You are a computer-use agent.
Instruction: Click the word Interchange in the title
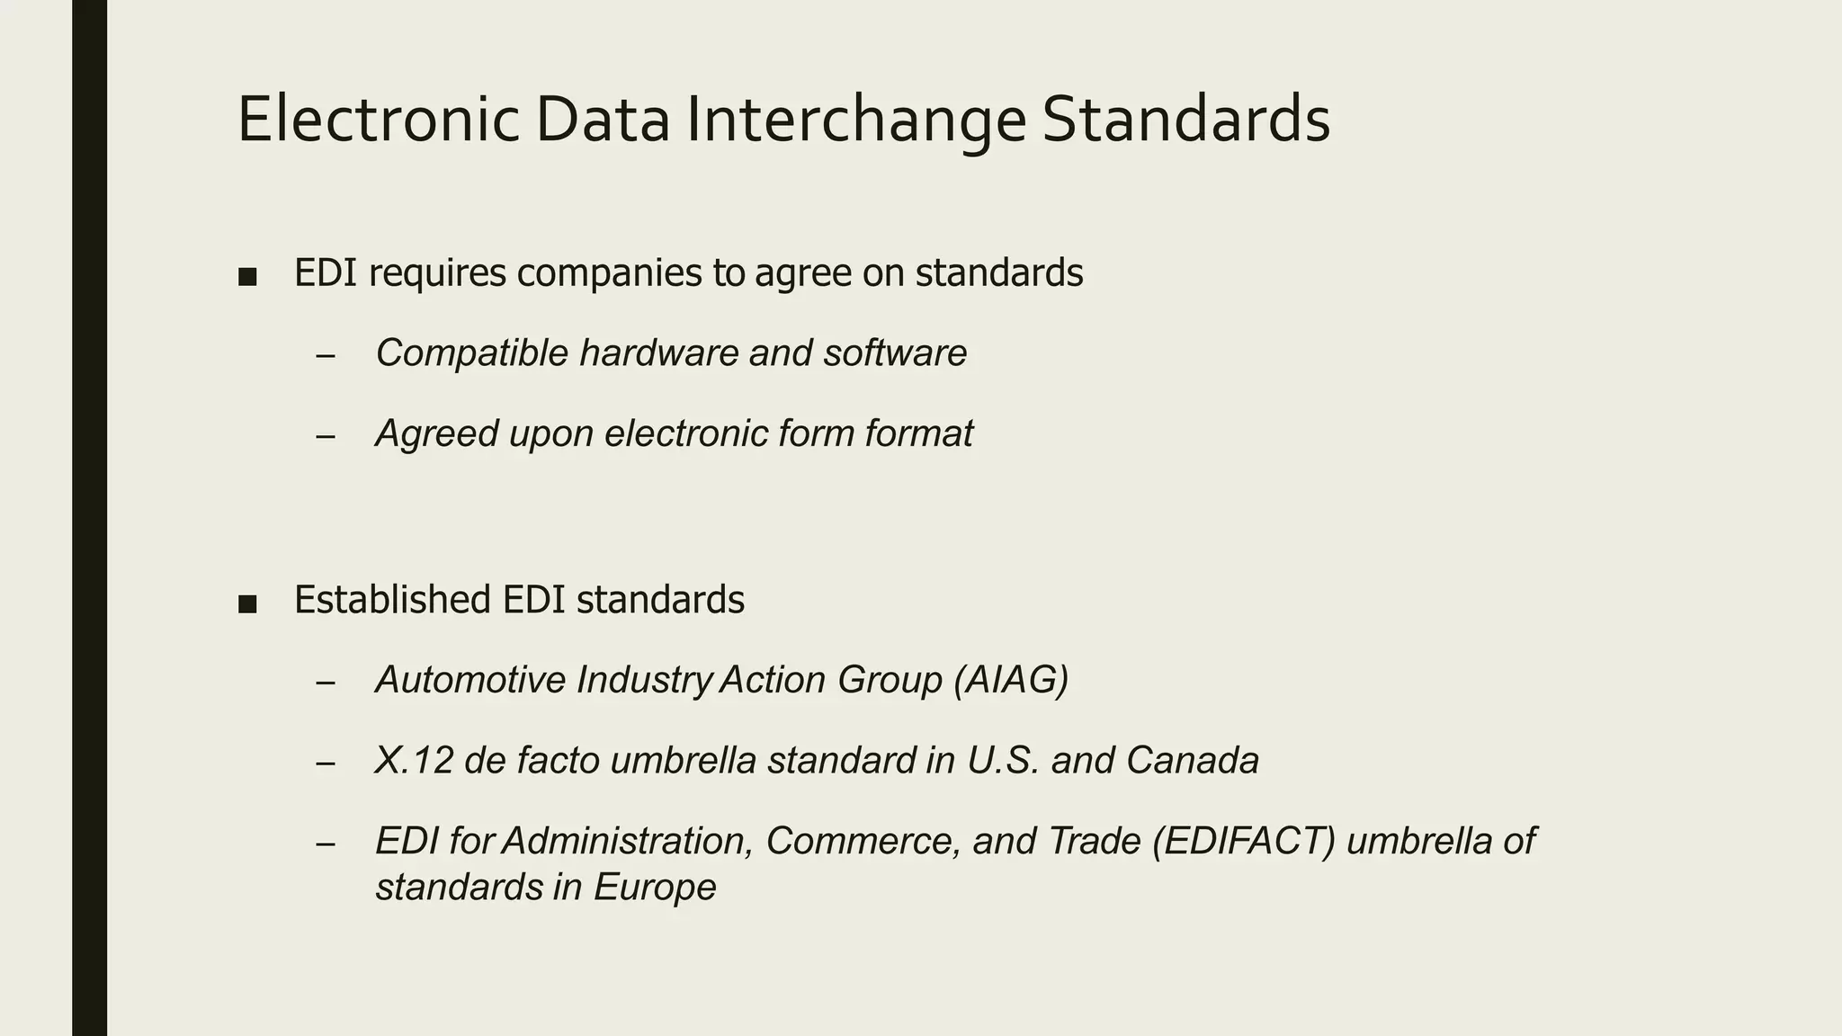[855, 120]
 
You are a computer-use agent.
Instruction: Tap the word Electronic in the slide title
[379, 120]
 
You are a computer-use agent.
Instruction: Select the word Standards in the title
[1186, 120]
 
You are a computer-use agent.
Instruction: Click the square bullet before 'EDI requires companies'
[247, 276]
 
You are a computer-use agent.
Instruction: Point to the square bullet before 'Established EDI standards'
[247, 603]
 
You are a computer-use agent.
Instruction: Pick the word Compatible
[472, 353]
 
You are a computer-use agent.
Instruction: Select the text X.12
[415, 761]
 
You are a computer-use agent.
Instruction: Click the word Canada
[1192, 761]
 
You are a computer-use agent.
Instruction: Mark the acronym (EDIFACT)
[1244, 842]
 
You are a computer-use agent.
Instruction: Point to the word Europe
[655, 888]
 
